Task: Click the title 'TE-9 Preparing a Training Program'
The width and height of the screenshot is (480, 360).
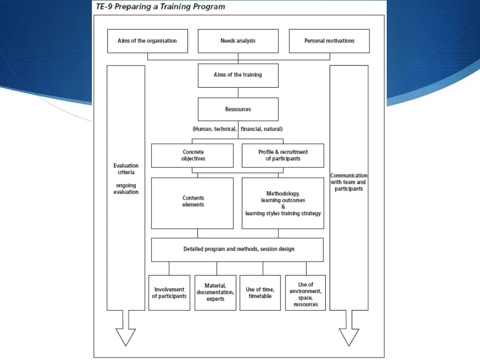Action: tap(160, 7)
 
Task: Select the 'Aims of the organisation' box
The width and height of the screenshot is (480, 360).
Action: tap(147, 41)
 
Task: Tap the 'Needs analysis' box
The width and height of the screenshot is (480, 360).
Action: tap(238, 41)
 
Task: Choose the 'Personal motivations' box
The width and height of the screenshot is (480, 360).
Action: tap(329, 41)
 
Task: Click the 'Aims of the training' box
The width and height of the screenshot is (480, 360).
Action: tap(238, 75)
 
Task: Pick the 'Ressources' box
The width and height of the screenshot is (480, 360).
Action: tap(238, 109)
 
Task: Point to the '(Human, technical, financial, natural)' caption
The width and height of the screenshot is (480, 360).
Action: tap(238, 129)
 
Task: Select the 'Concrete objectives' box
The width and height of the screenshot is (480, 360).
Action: tap(192, 156)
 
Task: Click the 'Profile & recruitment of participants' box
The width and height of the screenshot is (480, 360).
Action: tap(283, 156)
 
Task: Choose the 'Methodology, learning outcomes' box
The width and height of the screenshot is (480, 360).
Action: tap(283, 203)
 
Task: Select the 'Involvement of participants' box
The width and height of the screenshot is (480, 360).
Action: tap(169, 293)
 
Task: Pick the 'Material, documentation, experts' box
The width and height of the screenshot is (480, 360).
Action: tap(215, 293)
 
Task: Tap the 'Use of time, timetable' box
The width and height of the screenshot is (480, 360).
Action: tap(260, 293)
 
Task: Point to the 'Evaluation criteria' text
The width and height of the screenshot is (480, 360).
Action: tap(126, 169)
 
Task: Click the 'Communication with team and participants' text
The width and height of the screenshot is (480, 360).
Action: tap(349, 182)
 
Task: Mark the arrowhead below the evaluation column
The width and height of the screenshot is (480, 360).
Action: tap(126, 336)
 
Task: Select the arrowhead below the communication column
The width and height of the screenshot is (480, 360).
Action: tap(349, 336)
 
